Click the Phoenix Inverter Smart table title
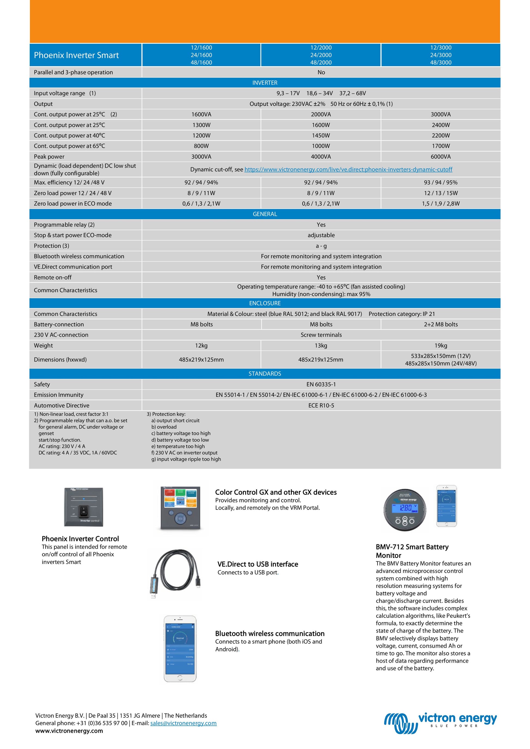76,55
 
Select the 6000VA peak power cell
441,156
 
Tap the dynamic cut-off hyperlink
348,169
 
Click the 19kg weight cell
441,345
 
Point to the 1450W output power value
321,135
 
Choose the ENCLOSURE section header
265,303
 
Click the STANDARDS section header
265,373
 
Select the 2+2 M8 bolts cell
441,324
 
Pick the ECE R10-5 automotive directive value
321,406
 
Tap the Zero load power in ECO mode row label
73,204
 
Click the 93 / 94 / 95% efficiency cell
441,182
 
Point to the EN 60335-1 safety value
321,384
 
